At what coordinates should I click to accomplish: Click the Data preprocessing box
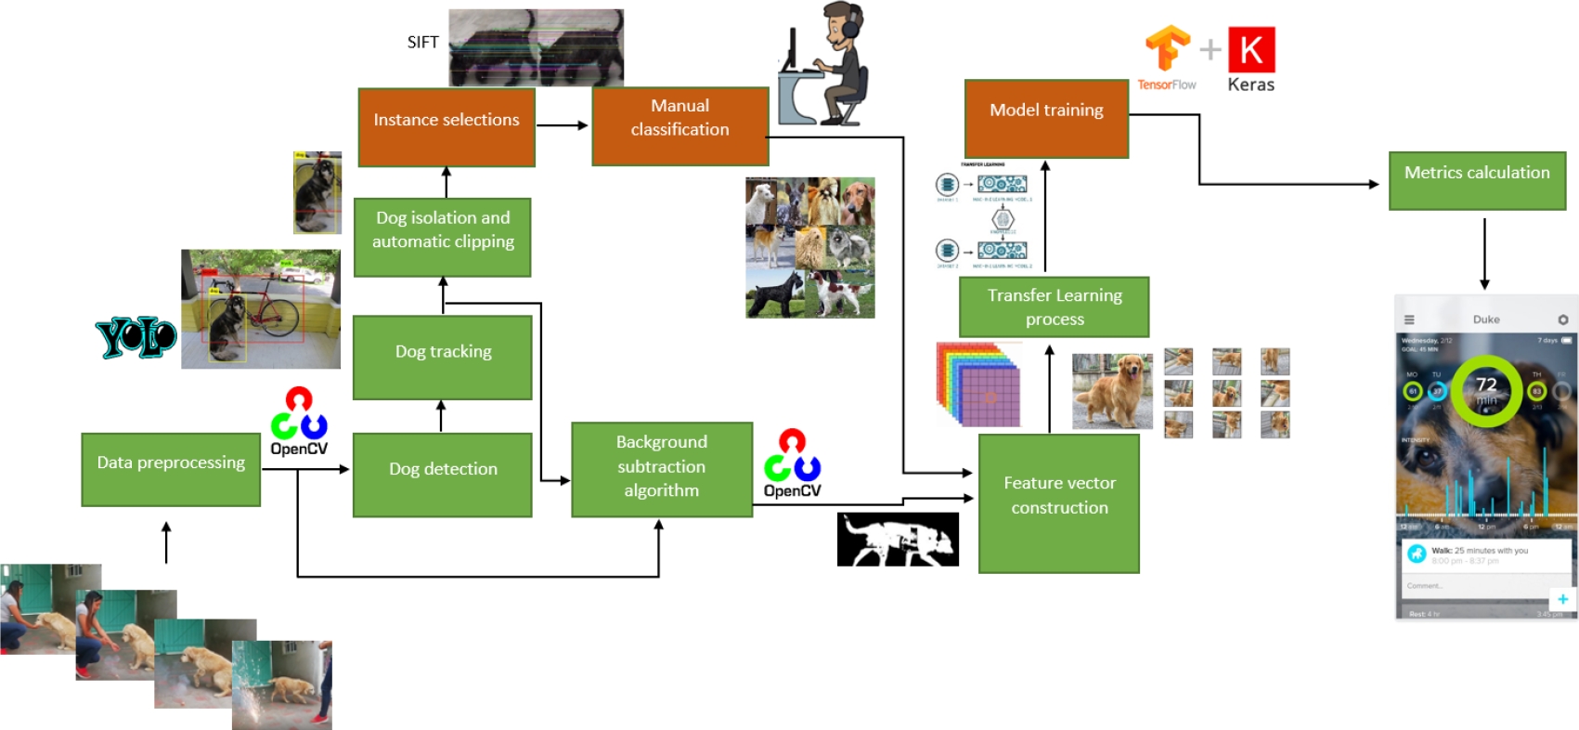(x=171, y=469)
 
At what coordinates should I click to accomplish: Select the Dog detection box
(x=443, y=475)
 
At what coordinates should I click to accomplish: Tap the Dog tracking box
(x=443, y=358)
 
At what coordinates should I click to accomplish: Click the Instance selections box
(x=447, y=127)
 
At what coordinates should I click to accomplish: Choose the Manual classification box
(x=679, y=126)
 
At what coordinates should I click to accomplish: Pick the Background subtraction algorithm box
(x=662, y=469)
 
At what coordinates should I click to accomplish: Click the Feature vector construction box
(x=1059, y=502)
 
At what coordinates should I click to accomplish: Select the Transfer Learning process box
(x=1054, y=306)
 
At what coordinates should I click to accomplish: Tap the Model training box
(x=1046, y=118)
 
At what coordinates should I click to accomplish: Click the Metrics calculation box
(x=1477, y=181)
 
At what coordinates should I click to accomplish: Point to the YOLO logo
(x=136, y=337)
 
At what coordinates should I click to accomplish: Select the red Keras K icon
(x=1251, y=49)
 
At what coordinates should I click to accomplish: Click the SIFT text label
(x=422, y=42)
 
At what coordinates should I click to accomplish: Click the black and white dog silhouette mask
(x=898, y=540)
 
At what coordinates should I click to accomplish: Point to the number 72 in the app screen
(x=1486, y=385)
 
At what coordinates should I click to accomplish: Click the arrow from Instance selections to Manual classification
(x=562, y=125)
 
